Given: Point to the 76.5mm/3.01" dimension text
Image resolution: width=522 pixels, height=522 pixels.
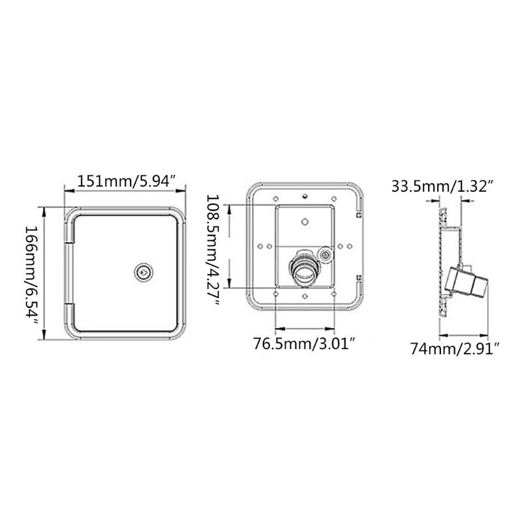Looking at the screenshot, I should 304,344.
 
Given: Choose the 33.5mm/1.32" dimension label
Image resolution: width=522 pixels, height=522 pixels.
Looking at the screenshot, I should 441,187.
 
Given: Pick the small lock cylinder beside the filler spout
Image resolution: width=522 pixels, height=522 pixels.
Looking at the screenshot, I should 324,253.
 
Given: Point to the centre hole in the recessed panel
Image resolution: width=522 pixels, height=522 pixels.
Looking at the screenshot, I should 304,221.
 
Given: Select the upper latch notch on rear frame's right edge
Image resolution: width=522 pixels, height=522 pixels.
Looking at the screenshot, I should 360,213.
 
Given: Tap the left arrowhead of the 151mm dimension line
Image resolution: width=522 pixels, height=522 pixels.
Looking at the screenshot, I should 66,190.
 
